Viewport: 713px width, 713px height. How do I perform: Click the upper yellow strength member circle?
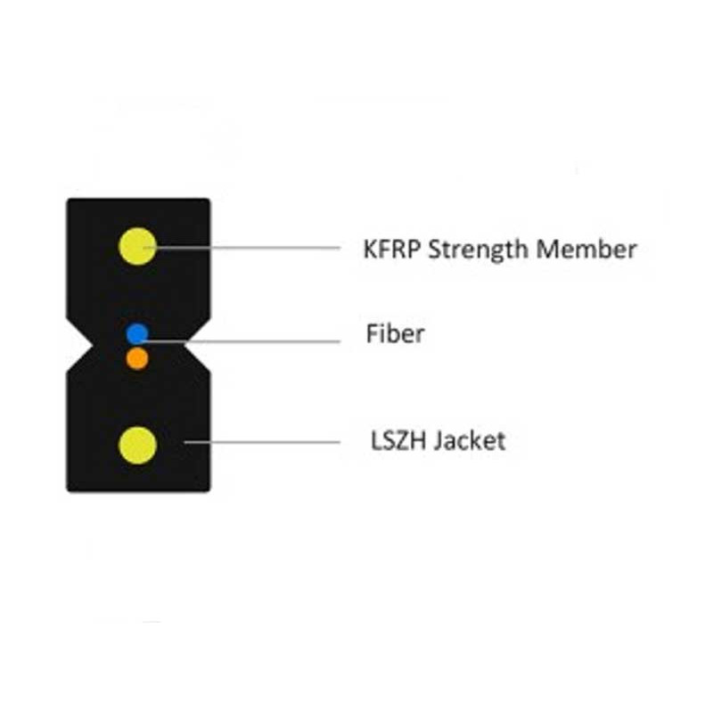click(137, 246)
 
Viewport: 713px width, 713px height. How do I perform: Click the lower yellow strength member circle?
click(137, 445)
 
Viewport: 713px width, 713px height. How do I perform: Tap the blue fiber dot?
click(137, 334)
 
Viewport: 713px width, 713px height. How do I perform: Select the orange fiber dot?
click(137, 359)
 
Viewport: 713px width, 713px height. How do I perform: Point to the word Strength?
click(478, 250)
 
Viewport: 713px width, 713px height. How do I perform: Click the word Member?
click(586, 250)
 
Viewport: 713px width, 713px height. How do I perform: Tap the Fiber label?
click(395, 333)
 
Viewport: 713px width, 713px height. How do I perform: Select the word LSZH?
click(397, 440)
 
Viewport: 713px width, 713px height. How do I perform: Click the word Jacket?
click(470, 440)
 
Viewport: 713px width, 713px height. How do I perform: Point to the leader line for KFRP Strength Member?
click(242, 248)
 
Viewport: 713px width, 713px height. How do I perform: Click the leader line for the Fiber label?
click(240, 341)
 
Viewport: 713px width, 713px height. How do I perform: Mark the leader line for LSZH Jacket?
click(262, 441)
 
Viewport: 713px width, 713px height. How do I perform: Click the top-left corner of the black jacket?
click(68, 199)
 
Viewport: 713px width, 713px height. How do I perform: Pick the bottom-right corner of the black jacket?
click(210, 491)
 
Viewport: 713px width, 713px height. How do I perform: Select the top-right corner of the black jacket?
click(210, 199)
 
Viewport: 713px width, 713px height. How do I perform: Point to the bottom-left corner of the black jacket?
click(68, 491)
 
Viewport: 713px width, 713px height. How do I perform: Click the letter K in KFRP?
click(371, 250)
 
